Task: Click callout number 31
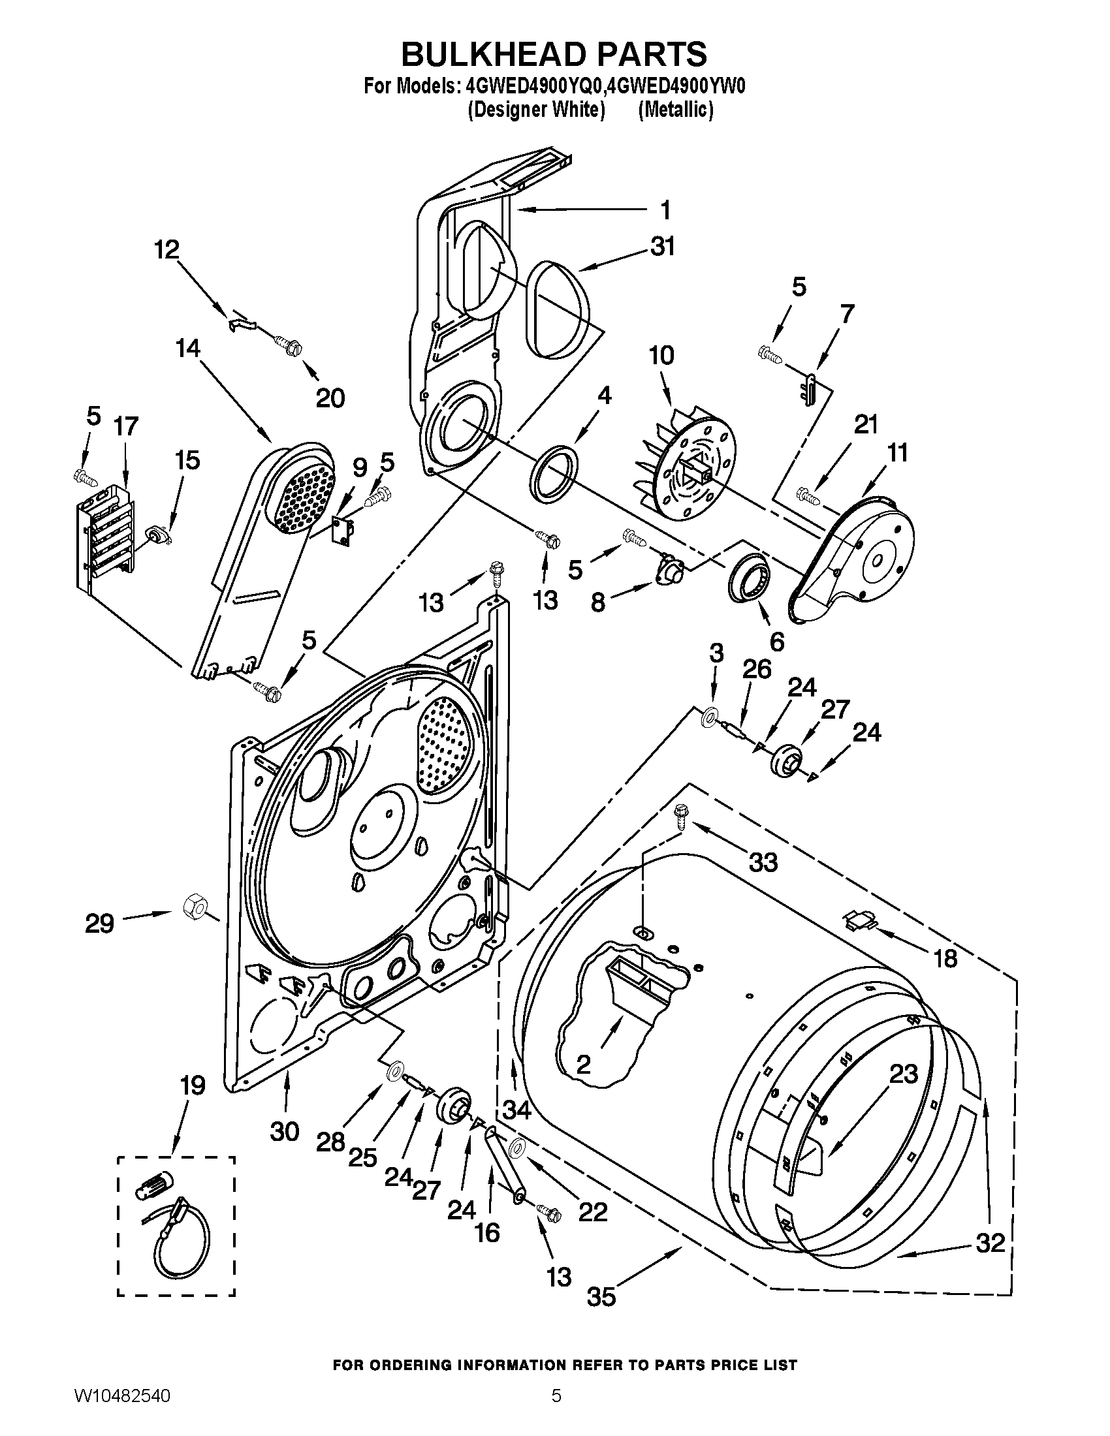tap(663, 247)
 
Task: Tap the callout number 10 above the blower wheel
tap(661, 355)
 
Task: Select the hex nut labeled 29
tap(193, 909)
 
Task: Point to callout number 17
tap(125, 426)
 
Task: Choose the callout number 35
tap(601, 1297)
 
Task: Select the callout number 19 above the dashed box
tap(193, 1085)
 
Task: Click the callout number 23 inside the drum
tap(903, 1074)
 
